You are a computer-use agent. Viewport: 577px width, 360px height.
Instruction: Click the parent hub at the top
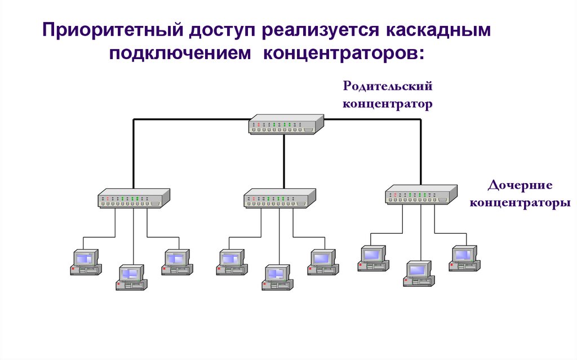click(x=286, y=124)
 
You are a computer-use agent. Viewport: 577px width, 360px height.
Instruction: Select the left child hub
click(x=134, y=198)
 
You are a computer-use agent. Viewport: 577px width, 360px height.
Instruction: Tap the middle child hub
click(x=279, y=198)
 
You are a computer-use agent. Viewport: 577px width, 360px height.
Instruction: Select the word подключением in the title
click(x=179, y=55)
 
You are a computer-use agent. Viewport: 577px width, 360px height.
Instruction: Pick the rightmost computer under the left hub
click(x=177, y=262)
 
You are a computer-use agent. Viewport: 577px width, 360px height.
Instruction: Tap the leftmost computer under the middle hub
click(x=232, y=262)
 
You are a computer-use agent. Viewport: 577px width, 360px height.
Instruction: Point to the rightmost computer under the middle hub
click(x=323, y=262)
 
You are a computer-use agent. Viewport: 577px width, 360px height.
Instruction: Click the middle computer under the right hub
click(x=419, y=273)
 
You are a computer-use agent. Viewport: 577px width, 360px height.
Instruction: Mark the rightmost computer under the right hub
click(x=464, y=259)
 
